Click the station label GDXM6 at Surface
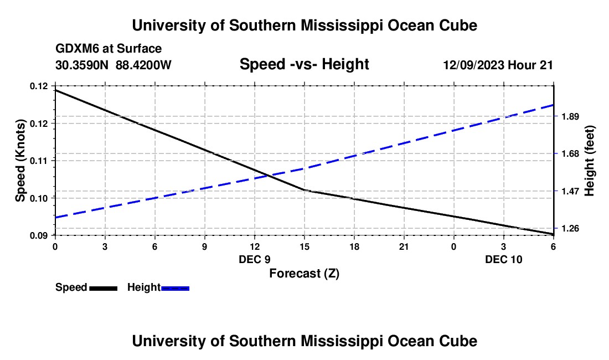109,49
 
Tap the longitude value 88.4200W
144,65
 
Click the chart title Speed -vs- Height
304,64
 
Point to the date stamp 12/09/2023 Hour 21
498,65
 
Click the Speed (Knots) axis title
21,161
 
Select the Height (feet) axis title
589,161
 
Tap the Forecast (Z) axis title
304,273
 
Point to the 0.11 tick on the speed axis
39,161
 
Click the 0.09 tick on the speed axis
39,235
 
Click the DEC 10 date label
503,259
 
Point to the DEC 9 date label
255,259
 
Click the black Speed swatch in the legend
103,287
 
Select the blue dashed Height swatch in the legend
175,287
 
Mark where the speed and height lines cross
268,176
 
